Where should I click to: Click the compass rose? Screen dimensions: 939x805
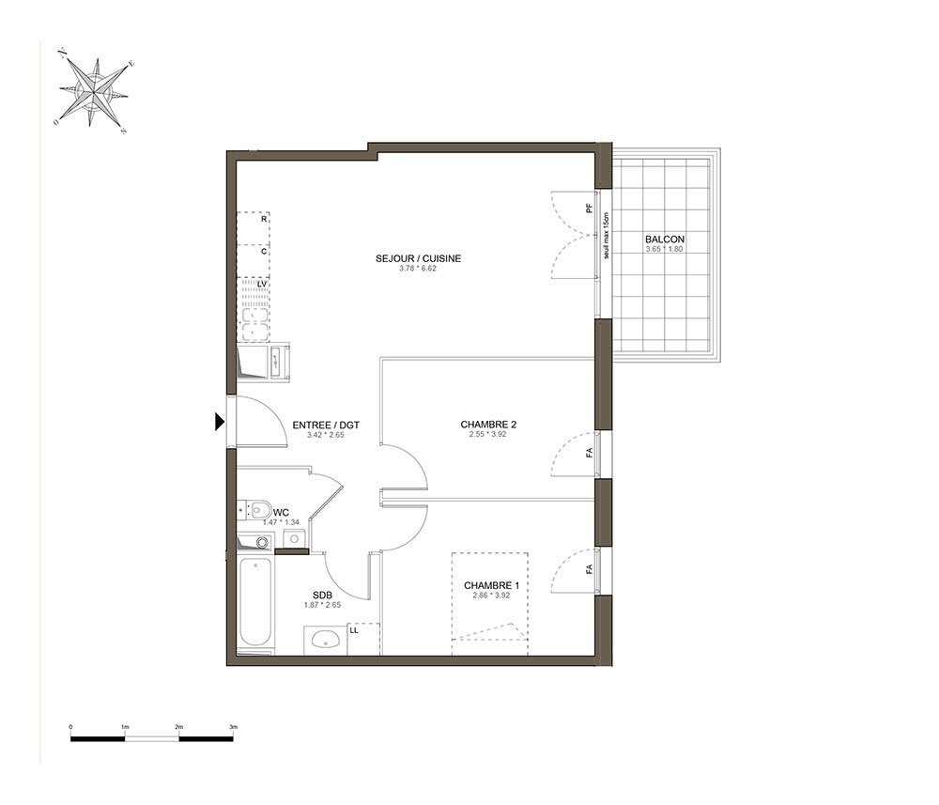click(94, 92)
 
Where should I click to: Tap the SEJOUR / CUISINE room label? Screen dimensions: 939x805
click(418, 258)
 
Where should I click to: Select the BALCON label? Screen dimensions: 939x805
click(665, 239)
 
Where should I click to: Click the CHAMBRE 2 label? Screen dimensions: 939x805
click(488, 425)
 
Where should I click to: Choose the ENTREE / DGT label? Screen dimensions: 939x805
click(326, 426)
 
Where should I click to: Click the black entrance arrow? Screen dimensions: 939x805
click(220, 423)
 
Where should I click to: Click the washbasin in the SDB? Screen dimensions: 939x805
click(326, 639)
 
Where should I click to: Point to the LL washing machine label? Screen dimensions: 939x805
click(354, 630)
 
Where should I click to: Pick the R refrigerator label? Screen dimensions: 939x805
click(264, 219)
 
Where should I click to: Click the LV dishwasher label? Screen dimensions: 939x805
click(262, 284)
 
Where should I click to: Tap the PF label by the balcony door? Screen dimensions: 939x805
click(590, 209)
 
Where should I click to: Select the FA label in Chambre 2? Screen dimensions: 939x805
click(590, 454)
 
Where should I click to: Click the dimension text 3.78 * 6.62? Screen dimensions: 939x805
click(418, 269)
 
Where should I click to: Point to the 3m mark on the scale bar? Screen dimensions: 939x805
click(233, 727)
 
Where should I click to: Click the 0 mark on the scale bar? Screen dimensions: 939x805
click(71, 727)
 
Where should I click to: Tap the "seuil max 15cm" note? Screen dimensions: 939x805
click(606, 236)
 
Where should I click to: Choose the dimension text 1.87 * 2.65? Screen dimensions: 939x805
click(322, 605)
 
